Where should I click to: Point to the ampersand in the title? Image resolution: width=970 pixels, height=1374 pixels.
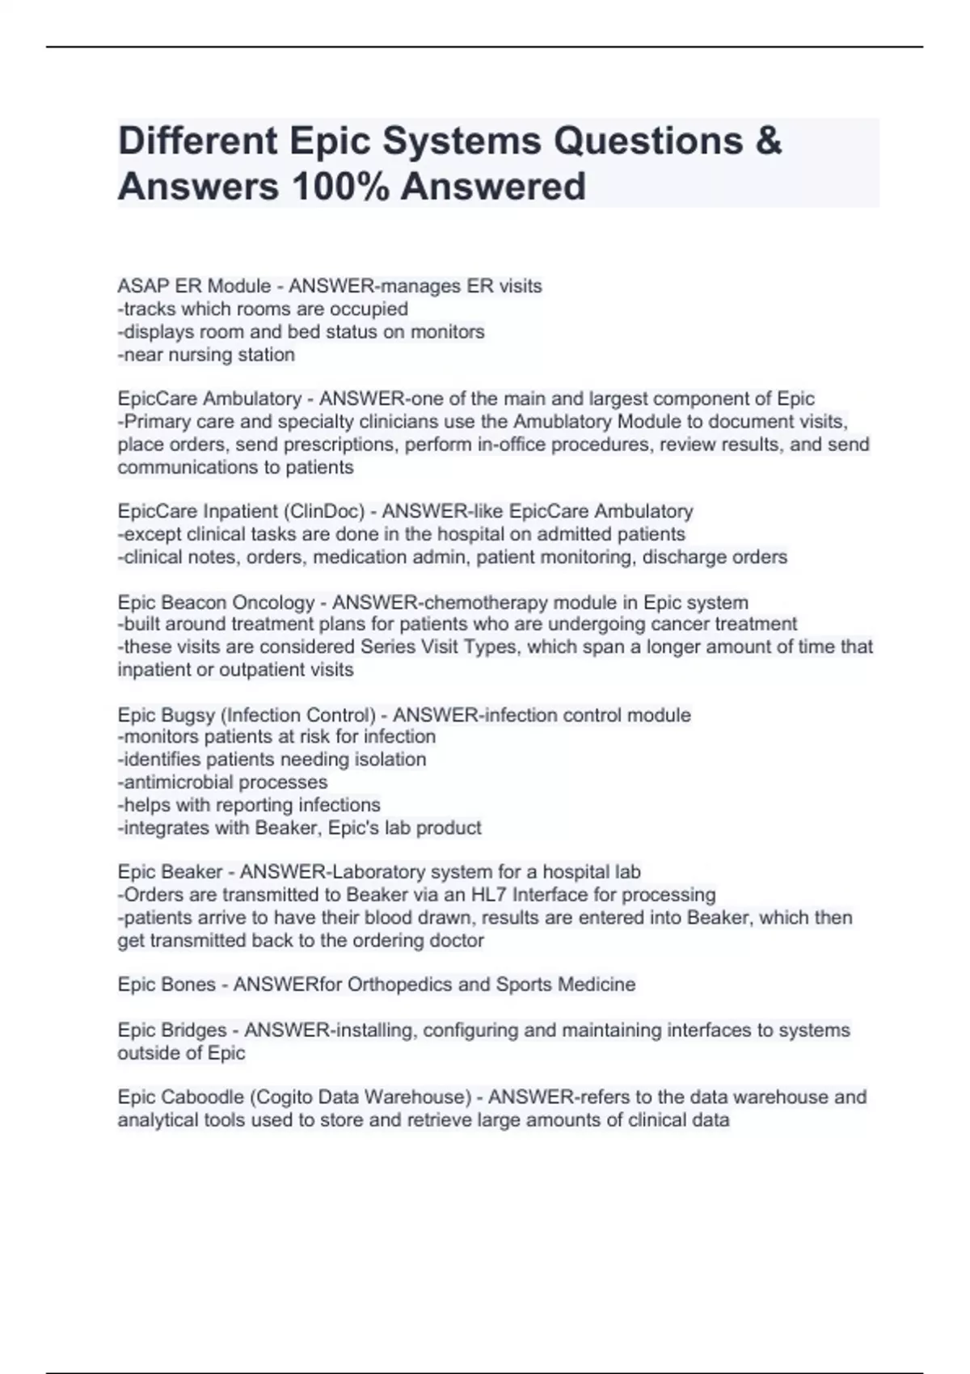pyautogui.click(x=769, y=141)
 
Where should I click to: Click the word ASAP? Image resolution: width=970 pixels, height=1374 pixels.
pyautogui.click(x=138, y=286)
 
